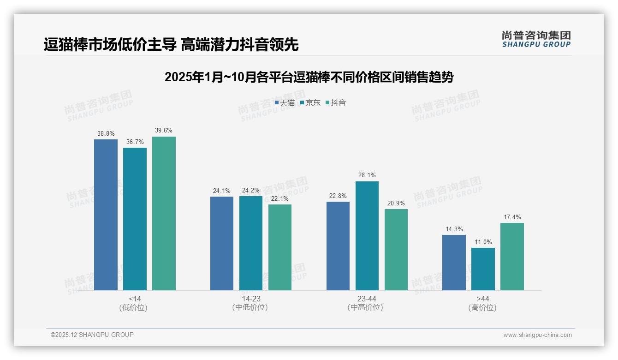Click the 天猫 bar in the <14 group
pos(106,215)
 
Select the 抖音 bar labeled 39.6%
pos(164,213)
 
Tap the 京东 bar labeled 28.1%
pos(367,235)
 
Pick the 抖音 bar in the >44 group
pos(512,257)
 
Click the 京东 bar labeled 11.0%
pos(483,269)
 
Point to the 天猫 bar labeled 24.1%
pos(222,243)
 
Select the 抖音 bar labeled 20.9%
pos(396,249)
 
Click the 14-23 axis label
pos(251,299)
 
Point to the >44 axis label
pos(483,299)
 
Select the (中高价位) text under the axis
pos(367,307)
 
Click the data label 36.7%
pos(135,142)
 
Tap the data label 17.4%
pos(512,217)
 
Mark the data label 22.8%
pos(338,196)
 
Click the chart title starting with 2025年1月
pos(309,77)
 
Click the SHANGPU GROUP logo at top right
pos(536,39)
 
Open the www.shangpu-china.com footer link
pos(537,335)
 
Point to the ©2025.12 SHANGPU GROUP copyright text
pos(92,335)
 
